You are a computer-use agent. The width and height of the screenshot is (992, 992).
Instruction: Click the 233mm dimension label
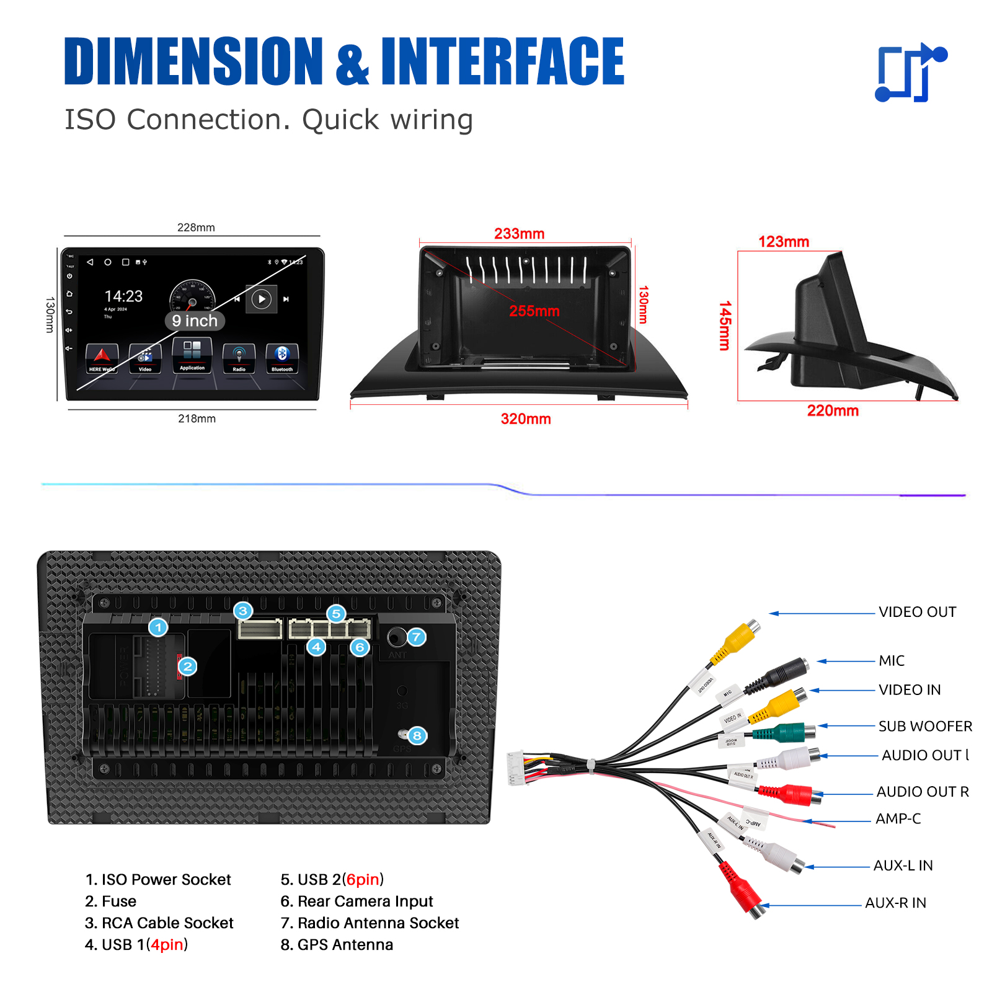point(519,234)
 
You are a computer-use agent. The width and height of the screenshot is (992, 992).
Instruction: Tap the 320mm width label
point(526,419)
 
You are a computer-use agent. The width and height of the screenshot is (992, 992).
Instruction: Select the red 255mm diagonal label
point(534,311)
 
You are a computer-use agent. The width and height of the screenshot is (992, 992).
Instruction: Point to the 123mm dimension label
point(784,242)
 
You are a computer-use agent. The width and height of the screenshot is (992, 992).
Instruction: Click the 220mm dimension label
point(833,411)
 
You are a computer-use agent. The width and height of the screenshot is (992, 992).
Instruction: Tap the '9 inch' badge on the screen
point(195,321)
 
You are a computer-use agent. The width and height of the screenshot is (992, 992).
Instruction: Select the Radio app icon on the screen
point(239,358)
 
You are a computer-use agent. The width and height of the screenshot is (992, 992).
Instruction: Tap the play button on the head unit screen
point(262,299)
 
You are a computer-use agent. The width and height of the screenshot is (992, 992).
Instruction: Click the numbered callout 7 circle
point(417,637)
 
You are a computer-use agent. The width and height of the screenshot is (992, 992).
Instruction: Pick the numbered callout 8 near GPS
point(417,736)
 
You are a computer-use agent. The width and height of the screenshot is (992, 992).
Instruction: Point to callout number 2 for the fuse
point(187,666)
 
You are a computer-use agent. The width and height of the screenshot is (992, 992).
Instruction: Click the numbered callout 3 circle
point(243,611)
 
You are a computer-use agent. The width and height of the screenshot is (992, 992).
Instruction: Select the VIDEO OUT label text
point(917,612)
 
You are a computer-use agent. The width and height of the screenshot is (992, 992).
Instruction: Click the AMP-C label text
point(898,819)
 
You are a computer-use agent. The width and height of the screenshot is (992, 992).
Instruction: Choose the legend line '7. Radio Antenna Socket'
point(370,923)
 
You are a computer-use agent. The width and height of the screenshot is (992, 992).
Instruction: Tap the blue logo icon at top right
point(910,73)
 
